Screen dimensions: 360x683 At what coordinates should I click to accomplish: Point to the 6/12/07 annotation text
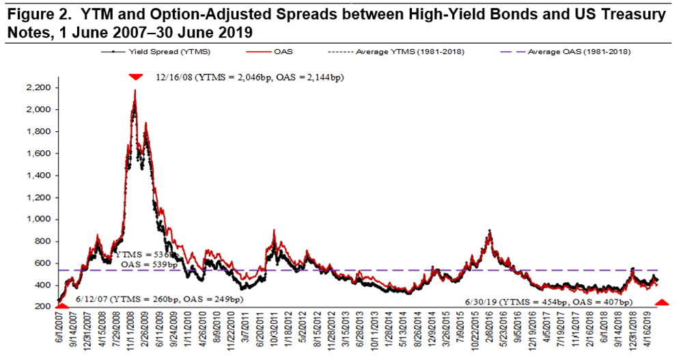(159, 299)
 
